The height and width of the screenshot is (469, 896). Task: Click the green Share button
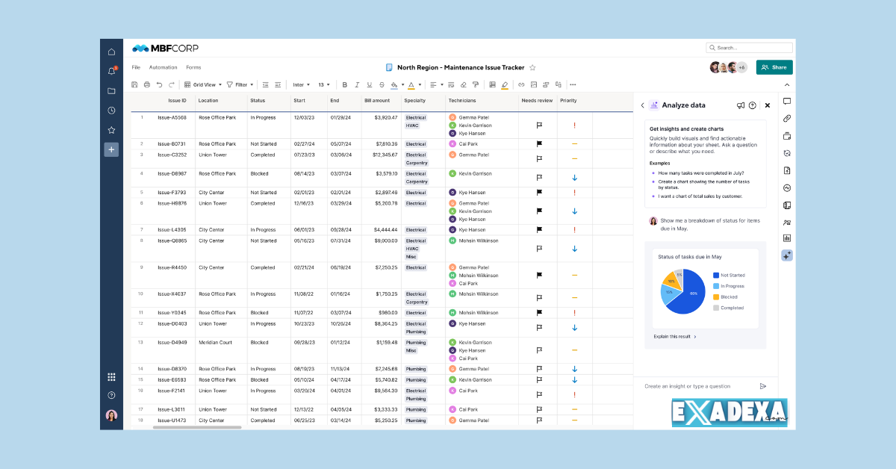(x=774, y=67)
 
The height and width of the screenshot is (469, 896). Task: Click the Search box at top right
(x=749, y=48)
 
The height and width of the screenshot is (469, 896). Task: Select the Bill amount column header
(x=377, y=100)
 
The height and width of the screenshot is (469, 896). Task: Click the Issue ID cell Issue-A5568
(x=172, y=117)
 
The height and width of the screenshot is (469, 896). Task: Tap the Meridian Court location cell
(x=215, y=343)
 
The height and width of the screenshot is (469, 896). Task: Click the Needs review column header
(x=537, y=100)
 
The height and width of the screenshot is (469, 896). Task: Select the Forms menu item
(x=193, y=67)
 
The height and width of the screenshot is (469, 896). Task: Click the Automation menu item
(x=163, y=67)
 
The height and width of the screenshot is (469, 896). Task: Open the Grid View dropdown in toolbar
(x=203, y=84)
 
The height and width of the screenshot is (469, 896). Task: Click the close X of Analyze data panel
(x=767, y=105)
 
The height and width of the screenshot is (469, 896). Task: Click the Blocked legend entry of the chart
(x=725, y=296)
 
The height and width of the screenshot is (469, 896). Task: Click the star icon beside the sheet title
(x=532, y=67)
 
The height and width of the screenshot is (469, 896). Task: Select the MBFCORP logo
(x=165, y=49)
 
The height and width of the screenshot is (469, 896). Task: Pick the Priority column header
(x=568, y=100)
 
